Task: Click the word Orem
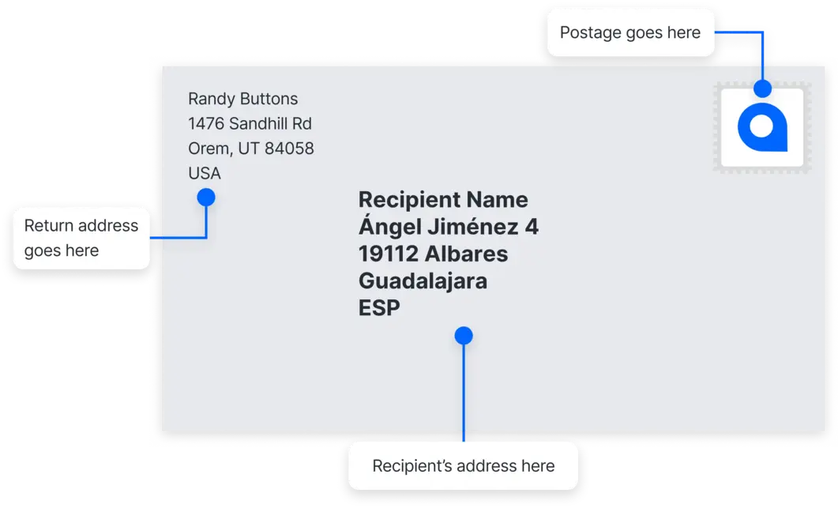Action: (207, 149)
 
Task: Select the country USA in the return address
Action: (205, 173)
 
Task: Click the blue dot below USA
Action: (206, 197)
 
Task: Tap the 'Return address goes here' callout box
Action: (81, 238)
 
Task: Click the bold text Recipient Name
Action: (443, 199)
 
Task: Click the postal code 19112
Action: (388, 254)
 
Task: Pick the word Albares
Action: (466, 254)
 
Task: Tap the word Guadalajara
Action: (423, 280)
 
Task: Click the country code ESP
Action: (379, 307)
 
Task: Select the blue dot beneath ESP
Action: (464, 336)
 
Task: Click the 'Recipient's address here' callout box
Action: (463, 466)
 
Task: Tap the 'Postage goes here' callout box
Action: (629, 32)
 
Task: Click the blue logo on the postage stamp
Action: (762, 127)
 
